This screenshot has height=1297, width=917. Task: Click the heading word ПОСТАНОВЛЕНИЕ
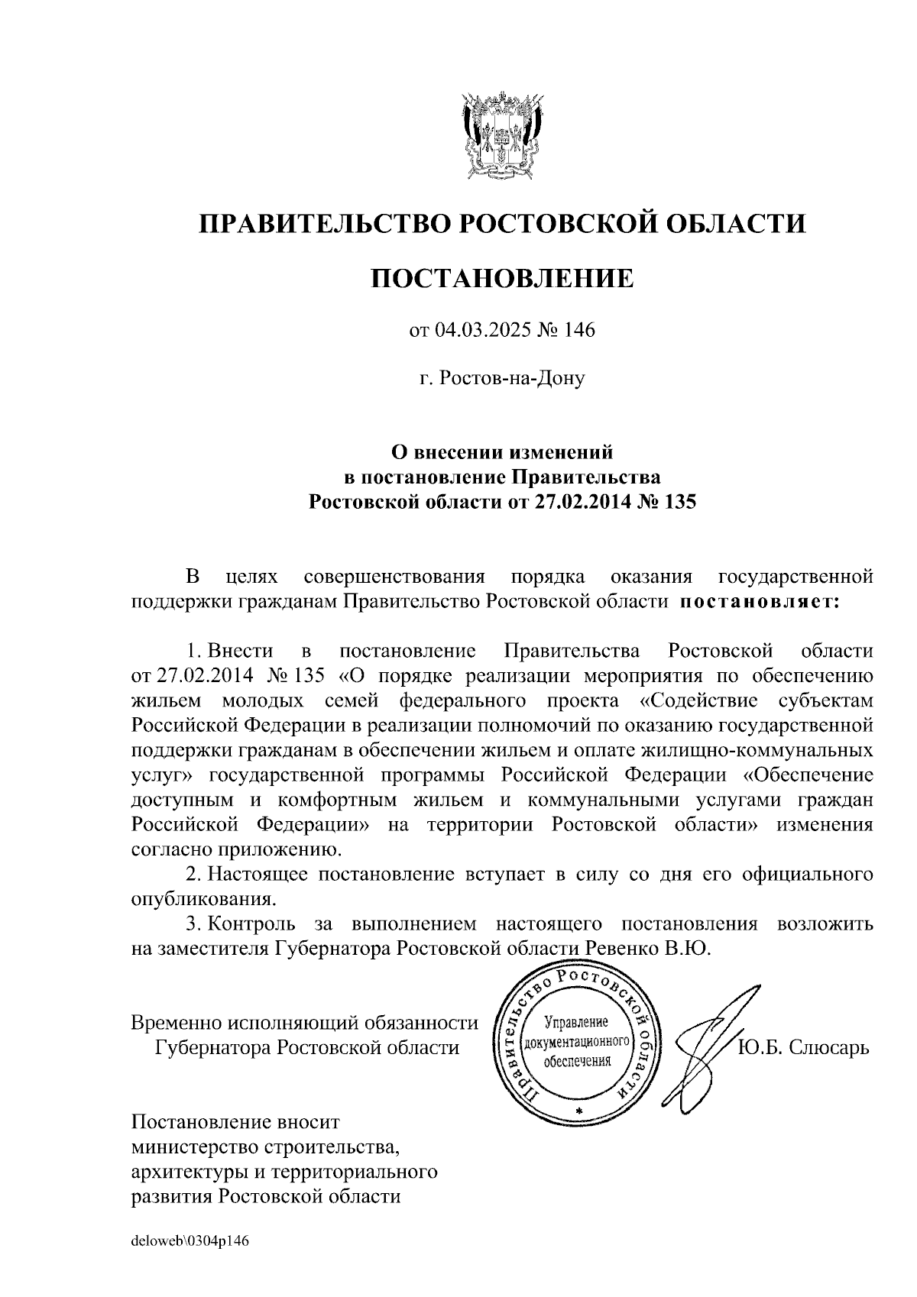click(x=502, y=279)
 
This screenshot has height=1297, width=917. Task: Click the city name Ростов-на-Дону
click(x=502, y=378)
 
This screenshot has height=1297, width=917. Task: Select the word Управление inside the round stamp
click(x=575, y=1022)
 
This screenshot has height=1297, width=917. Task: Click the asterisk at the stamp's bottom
click(x=578, y=1108)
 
